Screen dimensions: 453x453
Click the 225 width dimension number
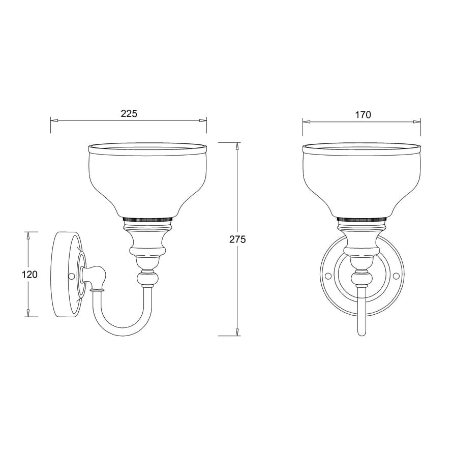click(x=129, y=114)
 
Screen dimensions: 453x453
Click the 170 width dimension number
click(x=363, y=114)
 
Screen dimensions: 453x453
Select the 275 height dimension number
click(x=237, y=239)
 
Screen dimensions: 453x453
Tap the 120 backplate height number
click(x=30, y=275)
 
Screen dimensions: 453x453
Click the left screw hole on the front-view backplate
click(x=328, y=276)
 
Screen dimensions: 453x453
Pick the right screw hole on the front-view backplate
click(x=396, y=276)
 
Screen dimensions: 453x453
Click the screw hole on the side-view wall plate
click(x=71, y=276)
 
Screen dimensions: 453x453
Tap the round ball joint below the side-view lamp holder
click(x=148, y=280)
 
